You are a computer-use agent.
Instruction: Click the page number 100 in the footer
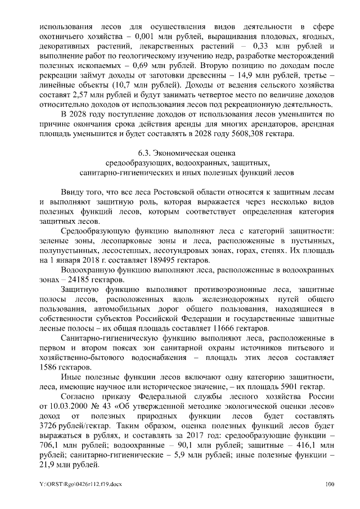click(330, 484)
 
